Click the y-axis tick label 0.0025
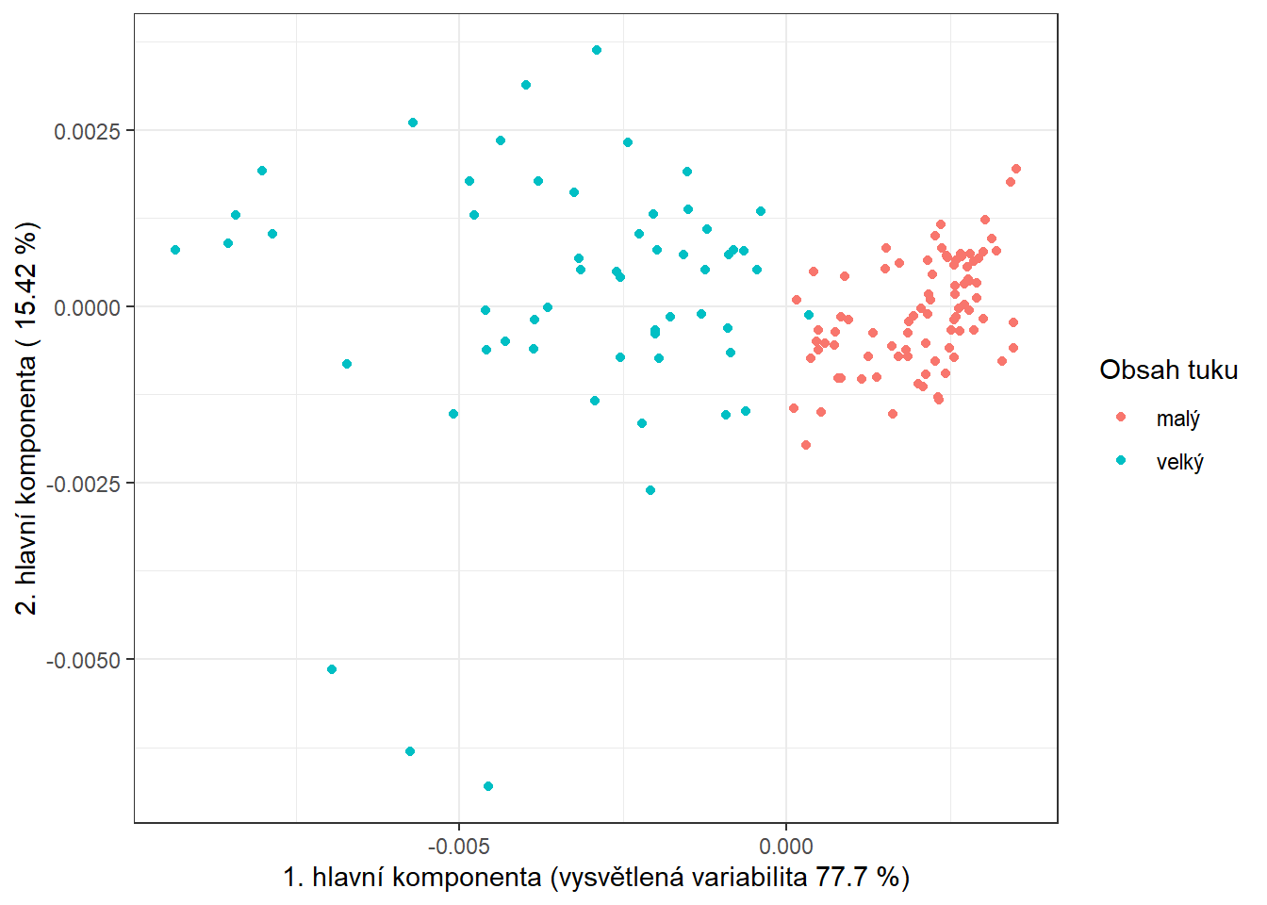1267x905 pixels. [x=87, y=131]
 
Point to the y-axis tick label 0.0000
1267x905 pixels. [x=87, y=307]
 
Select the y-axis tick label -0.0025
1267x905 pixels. [x=83, y=484]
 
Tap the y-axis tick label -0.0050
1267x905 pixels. [x=83, y=660]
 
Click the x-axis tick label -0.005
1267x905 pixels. [x=459, y=846]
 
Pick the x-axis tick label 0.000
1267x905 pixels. [x=786, y=846]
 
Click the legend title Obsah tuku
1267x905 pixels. [x=1168, y=370]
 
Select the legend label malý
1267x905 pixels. [x=1177, y=419]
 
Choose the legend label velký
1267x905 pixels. [x=1179, y=462]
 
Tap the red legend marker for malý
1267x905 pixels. [x=1121, y=417]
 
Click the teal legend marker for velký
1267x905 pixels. [x=1121, y=461]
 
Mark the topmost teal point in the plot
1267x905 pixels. [x=597, y=50]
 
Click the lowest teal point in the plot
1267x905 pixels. [x=488, y=786]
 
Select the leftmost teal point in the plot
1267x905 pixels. [x=175, y=250]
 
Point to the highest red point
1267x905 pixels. [x=1016, y=169]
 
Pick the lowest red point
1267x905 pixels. [x=806, y=445]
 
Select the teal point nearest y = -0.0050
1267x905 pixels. [x=332, y=669]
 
